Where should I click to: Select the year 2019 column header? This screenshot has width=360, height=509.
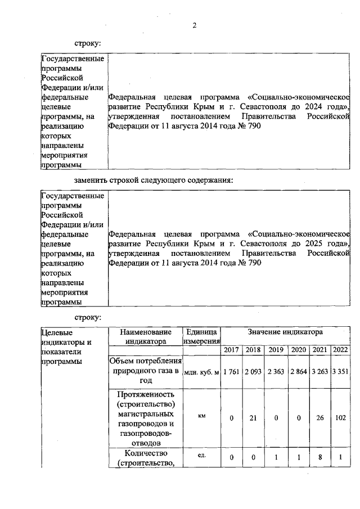(276, 350)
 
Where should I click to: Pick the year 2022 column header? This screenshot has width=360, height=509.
(340, 350)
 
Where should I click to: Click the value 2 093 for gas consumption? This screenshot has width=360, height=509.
(253, 371)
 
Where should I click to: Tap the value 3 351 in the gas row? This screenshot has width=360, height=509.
(340, 371)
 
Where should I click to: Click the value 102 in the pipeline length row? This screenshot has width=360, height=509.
(340, 418)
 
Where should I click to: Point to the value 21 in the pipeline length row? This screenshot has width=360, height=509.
(253, 418)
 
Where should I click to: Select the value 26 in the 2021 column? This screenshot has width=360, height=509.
(319, 418)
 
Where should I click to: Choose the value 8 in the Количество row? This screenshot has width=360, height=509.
(319, 458)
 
